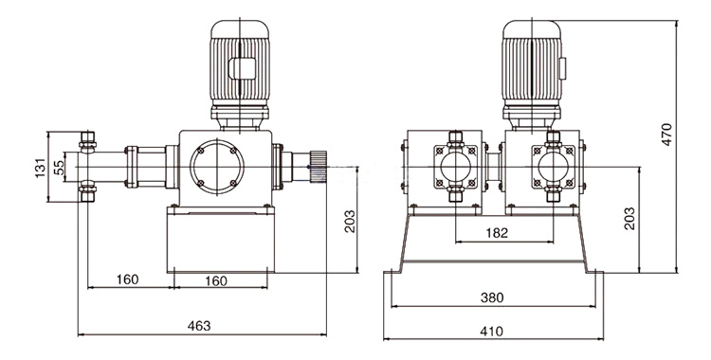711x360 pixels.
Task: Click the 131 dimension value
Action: [x=41, y=168]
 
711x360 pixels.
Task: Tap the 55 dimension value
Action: [x=59, y=168]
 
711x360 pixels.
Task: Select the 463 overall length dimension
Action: [x=199, y=326]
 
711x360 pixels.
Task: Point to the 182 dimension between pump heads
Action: [x=498, y=233]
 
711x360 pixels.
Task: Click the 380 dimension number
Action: [x=492, y=297]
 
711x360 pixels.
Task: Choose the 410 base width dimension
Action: [x=492, y=332]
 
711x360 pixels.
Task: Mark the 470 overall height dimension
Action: [x=666, y=135]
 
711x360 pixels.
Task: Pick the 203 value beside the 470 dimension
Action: [x=629, y=219]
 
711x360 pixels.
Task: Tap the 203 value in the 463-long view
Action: [x=350, y=222]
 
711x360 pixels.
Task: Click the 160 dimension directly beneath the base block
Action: [x=216, y=281]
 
